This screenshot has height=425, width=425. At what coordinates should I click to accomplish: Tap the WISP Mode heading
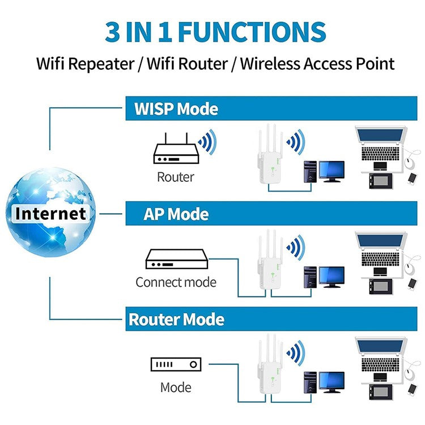[x=176, y=108]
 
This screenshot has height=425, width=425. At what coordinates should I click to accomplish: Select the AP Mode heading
[x=176, y=214]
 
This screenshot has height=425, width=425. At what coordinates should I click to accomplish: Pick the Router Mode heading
[x=176, y=320]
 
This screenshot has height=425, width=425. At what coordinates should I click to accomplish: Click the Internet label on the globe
[x=52, y=214]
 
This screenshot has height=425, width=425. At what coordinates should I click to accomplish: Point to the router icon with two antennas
[x=175, y=148]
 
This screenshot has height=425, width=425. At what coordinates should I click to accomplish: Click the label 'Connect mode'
[x=176, y=282]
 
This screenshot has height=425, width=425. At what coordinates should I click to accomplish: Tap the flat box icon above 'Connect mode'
[x=176, y=259]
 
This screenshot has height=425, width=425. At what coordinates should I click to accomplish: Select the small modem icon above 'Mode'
[x=176, y=365]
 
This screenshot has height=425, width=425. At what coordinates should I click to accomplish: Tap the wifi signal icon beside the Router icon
[x=207, y=141]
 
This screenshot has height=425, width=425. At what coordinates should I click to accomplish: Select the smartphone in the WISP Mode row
[x=412, y=177]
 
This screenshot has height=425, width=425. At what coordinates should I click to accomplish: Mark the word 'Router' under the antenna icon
[x=176, y=177]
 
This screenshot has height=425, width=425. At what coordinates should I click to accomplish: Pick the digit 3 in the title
[x=114, y=32]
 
